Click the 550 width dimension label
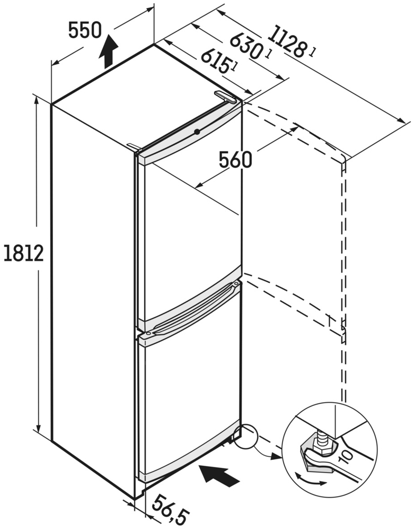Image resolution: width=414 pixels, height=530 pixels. tap(85, 30)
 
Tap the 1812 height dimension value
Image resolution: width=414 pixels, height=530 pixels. tap(24, 254)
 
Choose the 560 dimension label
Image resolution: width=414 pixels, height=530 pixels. tap(235, 160)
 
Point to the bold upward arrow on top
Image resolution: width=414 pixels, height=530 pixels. tap(109, 51)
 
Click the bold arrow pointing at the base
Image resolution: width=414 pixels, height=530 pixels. tap(219, 475)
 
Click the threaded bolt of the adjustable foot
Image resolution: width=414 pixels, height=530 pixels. tap(321, 438)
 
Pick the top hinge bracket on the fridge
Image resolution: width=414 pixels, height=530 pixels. tap(225, 97)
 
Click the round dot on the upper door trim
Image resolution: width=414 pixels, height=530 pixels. tap(197, 132)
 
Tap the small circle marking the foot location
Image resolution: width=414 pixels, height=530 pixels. tap(245, 436)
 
